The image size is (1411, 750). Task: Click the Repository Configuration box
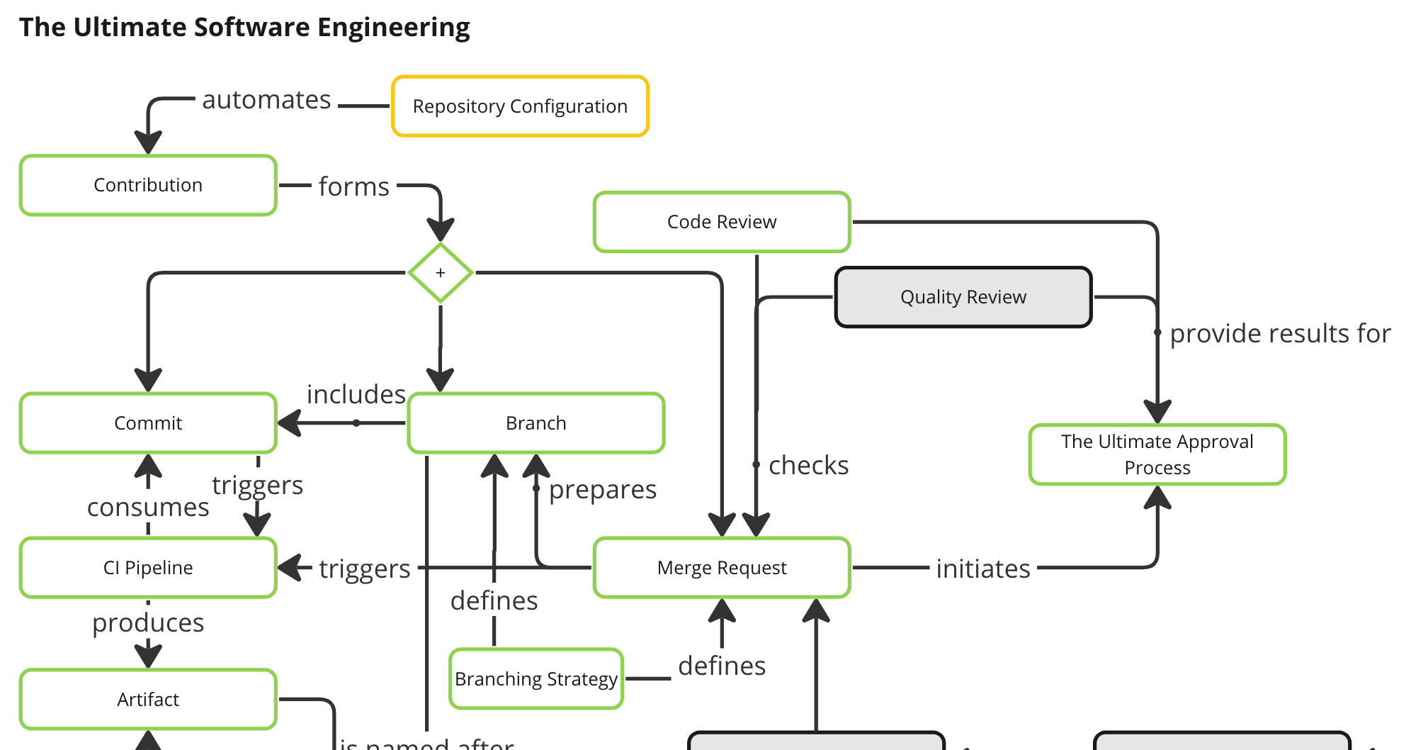coord(520,106)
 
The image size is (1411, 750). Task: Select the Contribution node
coord(148,185)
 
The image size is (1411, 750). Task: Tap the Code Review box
coord(722,222)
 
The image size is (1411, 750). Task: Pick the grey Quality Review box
coord(963,297)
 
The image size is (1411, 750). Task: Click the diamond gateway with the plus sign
coord(441,273)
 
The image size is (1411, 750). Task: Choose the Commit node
coord(148,423)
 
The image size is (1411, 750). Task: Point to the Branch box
coord(536,423)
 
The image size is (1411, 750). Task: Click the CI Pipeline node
coord(148,568)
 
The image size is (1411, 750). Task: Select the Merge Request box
coord(722,568)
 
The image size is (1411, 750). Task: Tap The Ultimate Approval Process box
coord(1157,454)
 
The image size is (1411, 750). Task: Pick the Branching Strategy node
coord(536,679)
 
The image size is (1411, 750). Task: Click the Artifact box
coord(148,700)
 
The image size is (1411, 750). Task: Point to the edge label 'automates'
coord(266,100)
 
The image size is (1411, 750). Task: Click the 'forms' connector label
coord(354,187)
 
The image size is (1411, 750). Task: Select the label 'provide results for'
coord(1280,334)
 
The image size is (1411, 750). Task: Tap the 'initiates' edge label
coord(983,569)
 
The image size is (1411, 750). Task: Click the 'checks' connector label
coord(808,466)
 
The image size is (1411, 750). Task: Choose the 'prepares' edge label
coord(603,490)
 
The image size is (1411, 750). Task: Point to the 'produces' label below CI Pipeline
coord(148,623)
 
